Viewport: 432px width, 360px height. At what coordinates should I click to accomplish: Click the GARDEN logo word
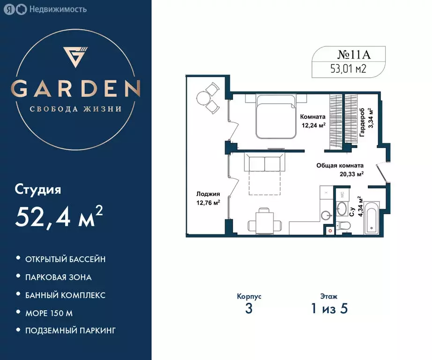tap(75, 88)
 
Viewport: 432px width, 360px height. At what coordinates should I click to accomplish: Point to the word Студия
tap(38, 190)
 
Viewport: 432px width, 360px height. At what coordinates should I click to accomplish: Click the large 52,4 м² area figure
tap(59, 216)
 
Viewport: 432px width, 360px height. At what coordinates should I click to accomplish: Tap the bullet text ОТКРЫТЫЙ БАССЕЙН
tap(65, 259)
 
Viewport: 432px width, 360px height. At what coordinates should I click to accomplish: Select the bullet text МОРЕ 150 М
tap(49, 313)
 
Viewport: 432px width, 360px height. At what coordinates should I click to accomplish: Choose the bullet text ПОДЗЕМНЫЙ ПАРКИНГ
tap(71, 330)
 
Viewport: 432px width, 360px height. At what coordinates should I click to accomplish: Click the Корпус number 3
tap(249, 309)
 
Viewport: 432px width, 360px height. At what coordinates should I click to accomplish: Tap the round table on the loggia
tap(204, 98)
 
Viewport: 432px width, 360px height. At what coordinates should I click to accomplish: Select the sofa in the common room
tap(264, 164)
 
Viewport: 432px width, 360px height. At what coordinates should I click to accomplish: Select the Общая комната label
tap(340, 165)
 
